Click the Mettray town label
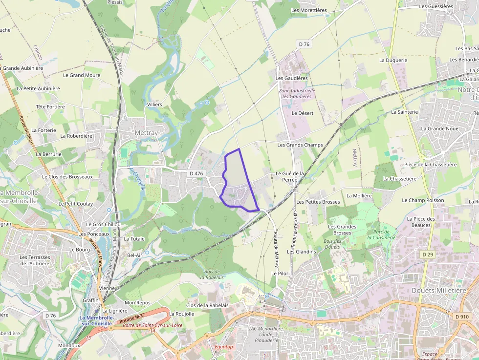[x=146, y=132]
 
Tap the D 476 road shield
[x=196, y=173]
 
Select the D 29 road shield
[x=427, y=254]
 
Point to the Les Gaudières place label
[x=292, y=78]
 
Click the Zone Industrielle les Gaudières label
[x=297, y=93]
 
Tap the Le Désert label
[x=303, y=113]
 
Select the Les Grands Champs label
[x=300, y=145]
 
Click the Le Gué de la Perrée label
[x=290, y=176]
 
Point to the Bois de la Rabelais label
[x=212, y=274]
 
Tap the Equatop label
[x=224, y=347]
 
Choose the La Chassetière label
[x=400, y=179]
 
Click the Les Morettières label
[x=309, y=10]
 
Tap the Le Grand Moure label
[x=82, y=75]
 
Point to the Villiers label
[x=154, y=105]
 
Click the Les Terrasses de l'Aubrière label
[x=35, y=260]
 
